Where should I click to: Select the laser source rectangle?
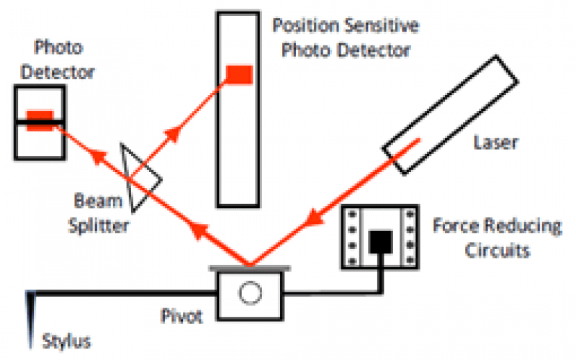tap(449, 115)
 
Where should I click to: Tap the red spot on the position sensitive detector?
tap(239, 73)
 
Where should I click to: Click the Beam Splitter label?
tap(99, 212)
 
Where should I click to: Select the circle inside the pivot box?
tap(250, 292)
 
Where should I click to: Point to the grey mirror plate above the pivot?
tap(250, 268)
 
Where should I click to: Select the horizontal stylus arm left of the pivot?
tap(122, 293)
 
